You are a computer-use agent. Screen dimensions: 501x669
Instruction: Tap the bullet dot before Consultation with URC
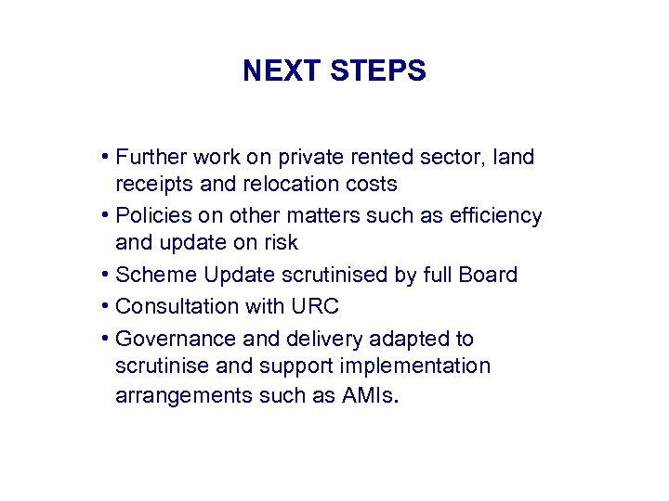click(107, 306)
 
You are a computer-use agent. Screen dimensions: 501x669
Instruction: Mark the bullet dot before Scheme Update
click(107, 276)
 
